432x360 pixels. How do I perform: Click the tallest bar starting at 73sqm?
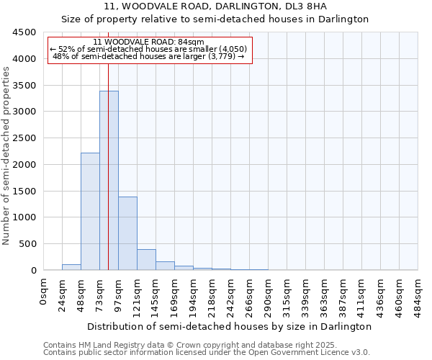[x=109, y=180]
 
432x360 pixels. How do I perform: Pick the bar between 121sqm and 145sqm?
[x=146, y=260]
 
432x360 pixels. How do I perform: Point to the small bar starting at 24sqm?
[x=71, y=267]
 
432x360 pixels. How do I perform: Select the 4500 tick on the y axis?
[x=26, y=32]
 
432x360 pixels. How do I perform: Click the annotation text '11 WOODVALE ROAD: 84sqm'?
[x=149, y=42]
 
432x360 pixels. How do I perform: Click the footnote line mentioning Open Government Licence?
[x=207, y=352]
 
